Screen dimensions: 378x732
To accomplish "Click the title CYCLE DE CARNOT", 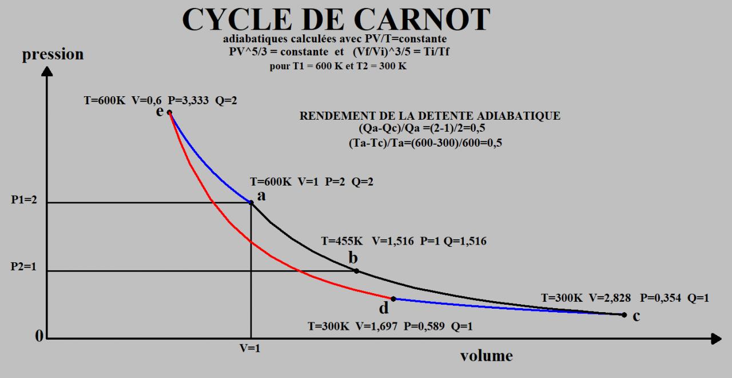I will pyautogui.click(x=336, y=19).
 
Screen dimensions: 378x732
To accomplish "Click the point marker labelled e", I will pyautogui.click(x=169, y=112).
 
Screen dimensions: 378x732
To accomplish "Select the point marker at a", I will pyautogui.click(x=251, y=202).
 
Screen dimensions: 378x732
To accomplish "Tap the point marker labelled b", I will pyautogui.click(x=356, y=271).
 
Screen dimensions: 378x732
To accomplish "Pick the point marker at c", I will pyautogui.click(x=624, y=314).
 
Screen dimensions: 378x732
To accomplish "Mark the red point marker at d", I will pyautogui.click(x=393, y=298).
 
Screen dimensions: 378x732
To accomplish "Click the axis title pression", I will pyautogui.click(x=53, y=54).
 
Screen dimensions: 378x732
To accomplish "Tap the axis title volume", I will pyautogui.click(x=486, y=356).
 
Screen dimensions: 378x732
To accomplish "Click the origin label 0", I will pyautogui.click(x=39, y=337).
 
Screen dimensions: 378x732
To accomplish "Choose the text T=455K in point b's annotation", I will pyautogui.click(x=341, y=242).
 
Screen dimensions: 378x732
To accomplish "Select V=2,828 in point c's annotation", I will pyautogui.click(x=612, y=298).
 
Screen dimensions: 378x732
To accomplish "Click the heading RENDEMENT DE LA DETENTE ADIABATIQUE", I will pyautogui.click(x=430, y=116).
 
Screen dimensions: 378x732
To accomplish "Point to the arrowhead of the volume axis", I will pyautogui.click(x=716, y=339).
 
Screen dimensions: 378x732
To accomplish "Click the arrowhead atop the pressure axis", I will pyautogui.click(x=47, y=72).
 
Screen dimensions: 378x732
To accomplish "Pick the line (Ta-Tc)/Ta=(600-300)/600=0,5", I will pyautogui.click(x=425, y=143).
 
